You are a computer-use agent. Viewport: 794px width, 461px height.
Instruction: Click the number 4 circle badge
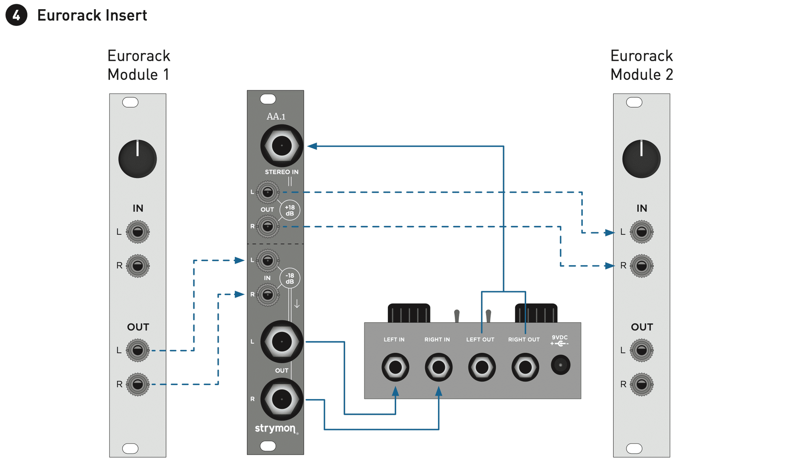16,15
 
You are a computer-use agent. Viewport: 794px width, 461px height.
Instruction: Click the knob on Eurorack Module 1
137,159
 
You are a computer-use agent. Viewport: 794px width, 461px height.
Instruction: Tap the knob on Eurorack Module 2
641,159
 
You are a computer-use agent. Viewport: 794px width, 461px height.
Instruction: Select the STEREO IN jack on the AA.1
281,145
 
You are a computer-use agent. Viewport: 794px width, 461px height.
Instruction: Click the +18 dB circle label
290,210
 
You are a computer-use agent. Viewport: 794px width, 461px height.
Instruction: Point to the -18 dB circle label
290,278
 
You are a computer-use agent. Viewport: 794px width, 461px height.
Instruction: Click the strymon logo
275,428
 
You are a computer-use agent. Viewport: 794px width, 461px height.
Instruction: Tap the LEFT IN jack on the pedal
395,367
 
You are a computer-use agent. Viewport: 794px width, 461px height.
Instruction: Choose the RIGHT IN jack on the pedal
438,367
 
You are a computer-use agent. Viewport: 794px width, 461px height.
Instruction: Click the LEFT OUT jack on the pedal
482,367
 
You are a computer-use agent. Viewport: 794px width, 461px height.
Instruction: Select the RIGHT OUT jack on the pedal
525,367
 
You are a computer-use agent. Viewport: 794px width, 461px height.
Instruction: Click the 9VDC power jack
560,364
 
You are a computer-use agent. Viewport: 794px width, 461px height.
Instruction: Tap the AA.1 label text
276,116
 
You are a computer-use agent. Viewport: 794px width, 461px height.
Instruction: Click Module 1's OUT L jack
137,350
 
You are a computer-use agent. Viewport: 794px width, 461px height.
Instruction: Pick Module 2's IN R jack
641,265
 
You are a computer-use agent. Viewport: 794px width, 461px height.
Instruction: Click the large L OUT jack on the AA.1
281,341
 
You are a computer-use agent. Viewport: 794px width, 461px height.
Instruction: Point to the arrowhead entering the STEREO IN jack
312,146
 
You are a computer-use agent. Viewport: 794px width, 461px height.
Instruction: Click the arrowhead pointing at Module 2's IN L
609,232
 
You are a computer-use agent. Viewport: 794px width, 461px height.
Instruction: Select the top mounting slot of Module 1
130,102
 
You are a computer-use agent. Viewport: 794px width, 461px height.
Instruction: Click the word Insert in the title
126,15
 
